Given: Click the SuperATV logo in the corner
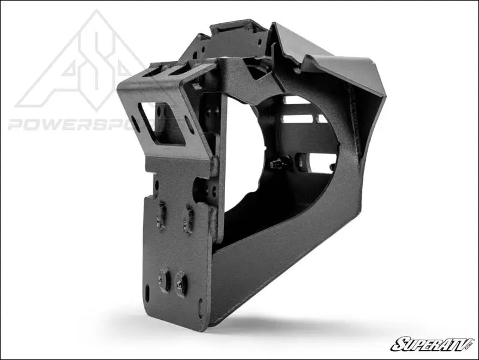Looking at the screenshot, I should tap(431, 344).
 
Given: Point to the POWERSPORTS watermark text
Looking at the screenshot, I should tap(90, 125).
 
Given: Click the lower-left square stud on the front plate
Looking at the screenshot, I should tap(163, 279).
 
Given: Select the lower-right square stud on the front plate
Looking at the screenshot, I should tap(180, 285).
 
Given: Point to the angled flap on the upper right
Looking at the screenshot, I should tap(335, 60).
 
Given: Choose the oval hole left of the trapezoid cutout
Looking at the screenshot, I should tap(135, 123).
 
